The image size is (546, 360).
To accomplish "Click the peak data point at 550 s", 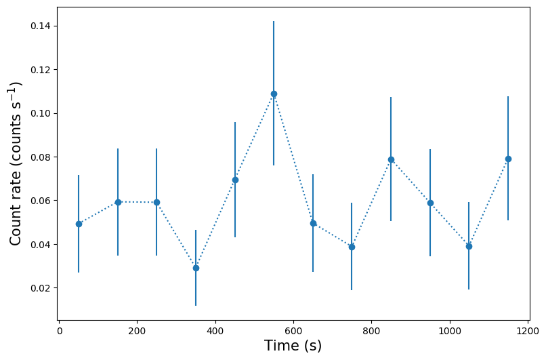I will coord(274,94).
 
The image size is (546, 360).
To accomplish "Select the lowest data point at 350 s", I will coord(196,268).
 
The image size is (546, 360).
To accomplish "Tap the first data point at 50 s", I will coord(79,224).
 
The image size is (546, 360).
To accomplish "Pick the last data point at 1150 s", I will coord(508,159).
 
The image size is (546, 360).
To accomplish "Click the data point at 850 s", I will coord(391,159).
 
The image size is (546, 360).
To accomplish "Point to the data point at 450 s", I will coord(235,180).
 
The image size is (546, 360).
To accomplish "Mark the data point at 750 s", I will coord(352,247).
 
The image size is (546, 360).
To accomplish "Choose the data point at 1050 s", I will coord(469,246).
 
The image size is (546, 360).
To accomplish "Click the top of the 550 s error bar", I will coord(274,21).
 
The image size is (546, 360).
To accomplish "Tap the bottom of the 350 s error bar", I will coord(196,306).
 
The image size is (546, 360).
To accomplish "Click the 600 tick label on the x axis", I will coord(293,332).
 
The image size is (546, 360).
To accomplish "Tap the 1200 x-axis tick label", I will coord(527,332).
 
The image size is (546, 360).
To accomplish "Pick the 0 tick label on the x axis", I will coord(60,332).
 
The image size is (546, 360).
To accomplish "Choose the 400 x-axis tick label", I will coord(215,332).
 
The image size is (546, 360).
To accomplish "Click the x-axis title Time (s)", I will coord(293,346).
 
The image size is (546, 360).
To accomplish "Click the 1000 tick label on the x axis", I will coord(449,332).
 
